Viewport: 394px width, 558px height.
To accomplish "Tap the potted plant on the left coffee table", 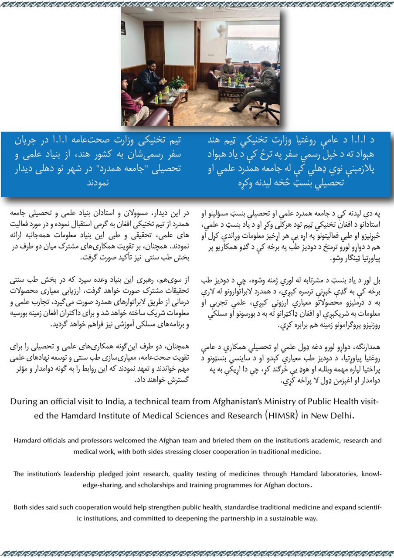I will [177, 83].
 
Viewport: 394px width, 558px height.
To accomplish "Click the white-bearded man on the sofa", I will [228, 70].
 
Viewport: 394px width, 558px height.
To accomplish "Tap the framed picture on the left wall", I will [123, 27].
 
